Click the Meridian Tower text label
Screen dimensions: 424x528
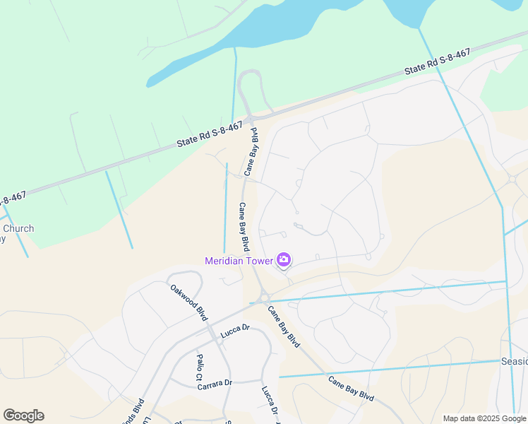pyautogui.click(x=239, y=261)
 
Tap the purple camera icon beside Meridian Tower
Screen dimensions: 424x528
pyautogui.click(x=284, y=260)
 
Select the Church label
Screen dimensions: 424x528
pyautogui.click(x=18, y=228)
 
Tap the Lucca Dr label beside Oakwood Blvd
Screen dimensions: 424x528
pyautogui.click(x=236, y=329)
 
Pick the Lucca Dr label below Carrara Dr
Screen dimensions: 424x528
pyautogui.click(x=268, y=400)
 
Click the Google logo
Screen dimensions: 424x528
pyautogui.click(x=23, y=416)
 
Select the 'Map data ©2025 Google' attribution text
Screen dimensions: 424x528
pyautogui.click(x=485, y=418)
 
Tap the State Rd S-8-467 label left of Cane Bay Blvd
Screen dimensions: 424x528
pyautogui.click(x=210, y=134)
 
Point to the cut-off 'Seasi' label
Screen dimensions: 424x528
pyautogui.click(x=514, y=361)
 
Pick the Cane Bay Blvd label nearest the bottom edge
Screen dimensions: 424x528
pyautogui.click(x=351, y=389)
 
